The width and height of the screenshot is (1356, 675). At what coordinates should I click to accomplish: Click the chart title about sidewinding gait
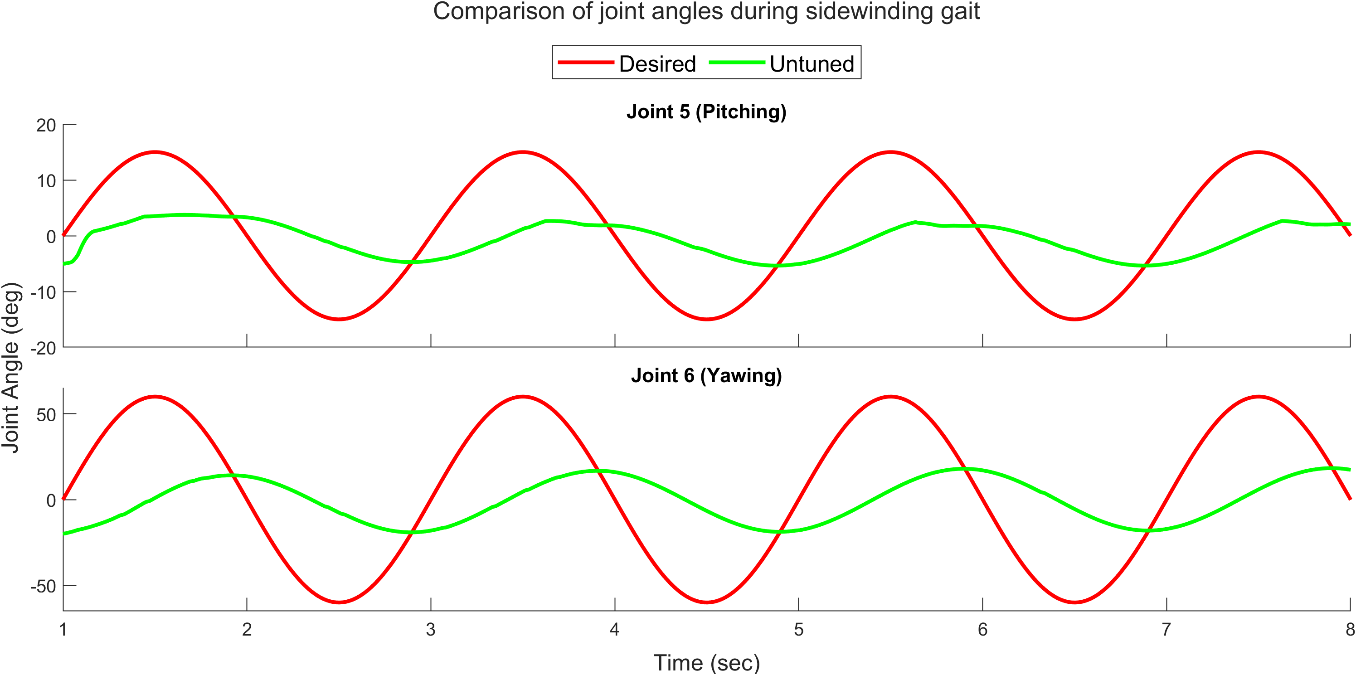click(706, 12)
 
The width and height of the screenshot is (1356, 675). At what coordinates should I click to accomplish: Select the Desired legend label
click(657, 64)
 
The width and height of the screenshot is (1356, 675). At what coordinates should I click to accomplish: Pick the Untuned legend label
click(811, 64)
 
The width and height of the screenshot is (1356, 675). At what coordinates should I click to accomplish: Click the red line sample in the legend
click(585, 63)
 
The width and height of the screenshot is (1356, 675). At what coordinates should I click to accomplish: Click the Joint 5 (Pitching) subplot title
click(706, 112)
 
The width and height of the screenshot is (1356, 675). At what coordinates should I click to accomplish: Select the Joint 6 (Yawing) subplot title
click(706, 375)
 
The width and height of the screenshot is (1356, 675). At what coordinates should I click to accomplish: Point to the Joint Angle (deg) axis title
click(12, 368)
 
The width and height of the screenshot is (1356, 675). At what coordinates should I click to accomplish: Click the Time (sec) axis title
click(706, 662)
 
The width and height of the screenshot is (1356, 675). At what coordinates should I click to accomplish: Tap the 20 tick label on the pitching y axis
click(46, 125)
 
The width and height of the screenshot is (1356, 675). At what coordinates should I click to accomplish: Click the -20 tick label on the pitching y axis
click(43, 348)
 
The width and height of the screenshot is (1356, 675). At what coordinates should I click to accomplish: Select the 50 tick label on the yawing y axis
click(46, 415)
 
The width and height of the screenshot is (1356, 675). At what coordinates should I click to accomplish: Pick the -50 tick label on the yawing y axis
click(43, 586)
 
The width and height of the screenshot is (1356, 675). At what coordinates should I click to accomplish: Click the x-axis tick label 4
click(614, 629)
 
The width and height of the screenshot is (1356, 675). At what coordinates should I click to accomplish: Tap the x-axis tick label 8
click(1350, 629)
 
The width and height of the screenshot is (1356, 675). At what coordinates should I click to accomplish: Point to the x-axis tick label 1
click(63, 629)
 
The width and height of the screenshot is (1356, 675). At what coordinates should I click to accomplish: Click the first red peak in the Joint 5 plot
click(155, 152)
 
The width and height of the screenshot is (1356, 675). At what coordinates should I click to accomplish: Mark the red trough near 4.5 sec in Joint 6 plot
click(706, 602)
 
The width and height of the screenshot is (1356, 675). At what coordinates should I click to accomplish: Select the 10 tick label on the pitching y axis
click(46, 181)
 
